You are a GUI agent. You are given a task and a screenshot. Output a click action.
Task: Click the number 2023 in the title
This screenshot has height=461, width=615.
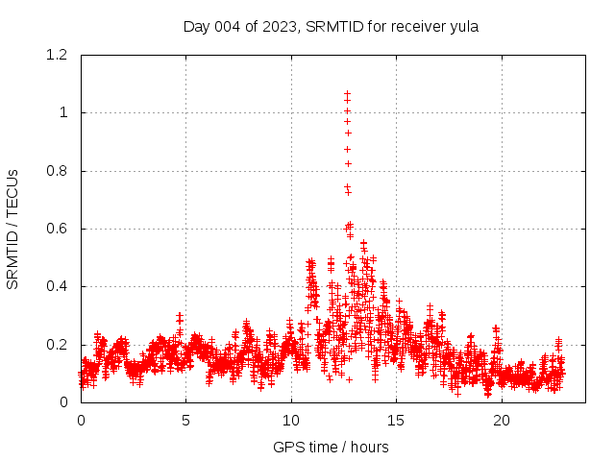point(280,27)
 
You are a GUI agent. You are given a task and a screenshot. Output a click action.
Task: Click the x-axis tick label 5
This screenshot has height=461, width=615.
point(186,421)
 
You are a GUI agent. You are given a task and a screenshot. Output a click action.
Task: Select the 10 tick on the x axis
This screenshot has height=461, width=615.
point(291,421)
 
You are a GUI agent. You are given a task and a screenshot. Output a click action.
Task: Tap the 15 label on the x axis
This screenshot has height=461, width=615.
point(396,421)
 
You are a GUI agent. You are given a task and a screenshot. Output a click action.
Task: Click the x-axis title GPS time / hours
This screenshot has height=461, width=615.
point(331,447)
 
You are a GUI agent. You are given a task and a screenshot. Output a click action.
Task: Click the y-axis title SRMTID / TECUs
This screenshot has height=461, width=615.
point(13,229)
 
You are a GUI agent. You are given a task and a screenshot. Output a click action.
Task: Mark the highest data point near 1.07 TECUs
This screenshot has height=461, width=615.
point(347,94)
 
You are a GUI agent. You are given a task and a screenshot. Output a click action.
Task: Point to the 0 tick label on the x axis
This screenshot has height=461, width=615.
point(81,421)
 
